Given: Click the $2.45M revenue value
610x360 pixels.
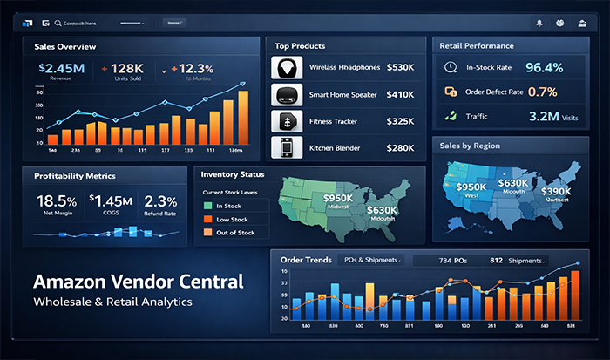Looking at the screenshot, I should [x=61, y=67].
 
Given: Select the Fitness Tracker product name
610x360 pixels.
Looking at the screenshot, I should [x=335, y=122].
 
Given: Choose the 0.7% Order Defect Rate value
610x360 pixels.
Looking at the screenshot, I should [x=543, y=91].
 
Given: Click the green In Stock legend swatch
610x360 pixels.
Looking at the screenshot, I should [x=207, y=205].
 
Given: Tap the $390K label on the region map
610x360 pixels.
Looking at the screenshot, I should [x=556, y=191].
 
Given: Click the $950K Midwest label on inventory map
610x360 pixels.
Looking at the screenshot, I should [x=338, y=199].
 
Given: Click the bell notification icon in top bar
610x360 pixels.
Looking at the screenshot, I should [x=539, y=22].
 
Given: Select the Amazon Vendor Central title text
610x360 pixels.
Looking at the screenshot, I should [x=138, y=282].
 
